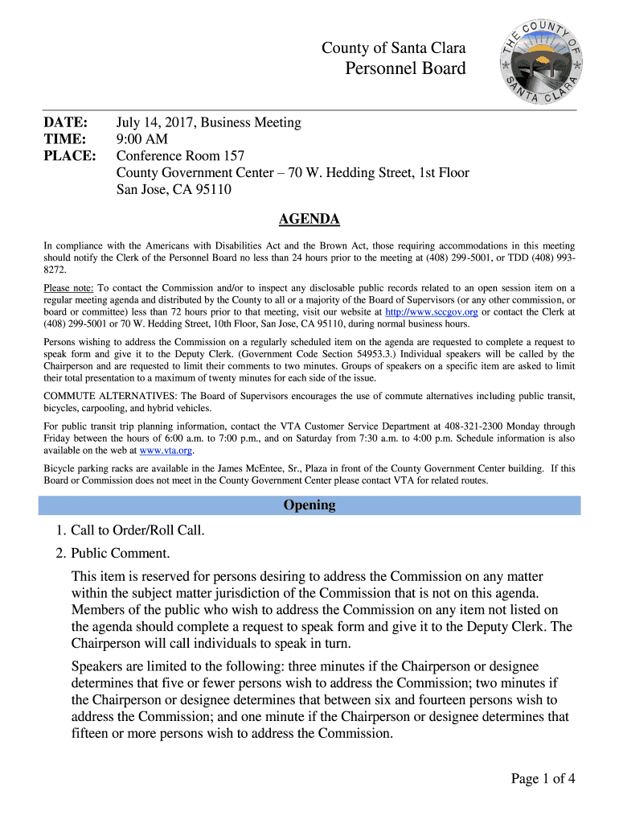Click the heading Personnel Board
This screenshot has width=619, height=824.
pyautogui.click(x=405, y=68)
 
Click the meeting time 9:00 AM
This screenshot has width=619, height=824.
pyautogui.click(x=142, y=139)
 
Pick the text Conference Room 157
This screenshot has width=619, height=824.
pyautogui.click(x=180, y=156)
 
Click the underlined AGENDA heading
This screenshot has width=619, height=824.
pyautogui.click(x=309, y=220)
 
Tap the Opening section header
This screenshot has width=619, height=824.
pyautogui.click(x=309, y=505)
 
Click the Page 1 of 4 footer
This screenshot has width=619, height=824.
pyautogui.click(x=543, y=778)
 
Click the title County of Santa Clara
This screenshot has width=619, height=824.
pyautogui.click(x=393, y=48)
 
